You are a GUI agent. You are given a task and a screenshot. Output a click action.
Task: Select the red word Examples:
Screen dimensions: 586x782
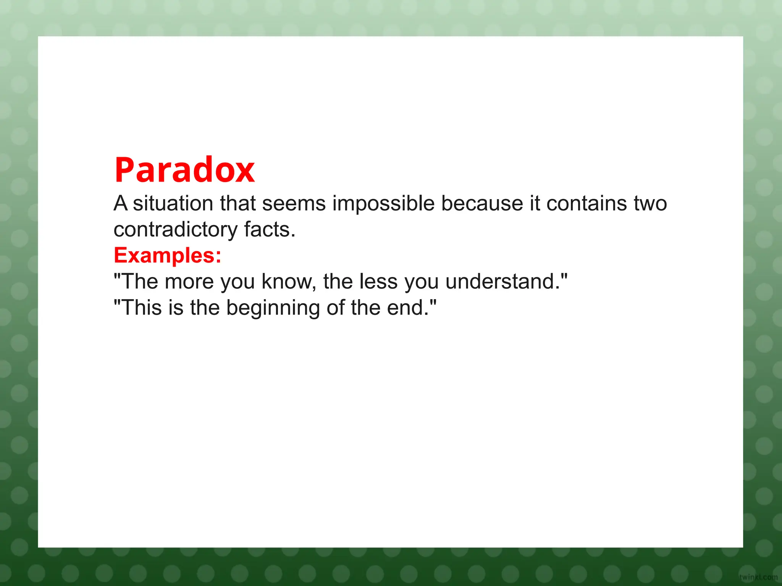click(x=167, y=255)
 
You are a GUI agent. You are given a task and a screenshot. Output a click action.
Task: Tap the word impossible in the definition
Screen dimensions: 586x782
click(x=383, y=203)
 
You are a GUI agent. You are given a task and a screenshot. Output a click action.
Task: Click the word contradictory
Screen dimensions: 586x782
click(x=176, y=229)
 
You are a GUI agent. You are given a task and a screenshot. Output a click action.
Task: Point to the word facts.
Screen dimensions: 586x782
click(x=270, y=229)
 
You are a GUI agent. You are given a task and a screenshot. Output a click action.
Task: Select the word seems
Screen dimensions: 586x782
click(x=294, y=203)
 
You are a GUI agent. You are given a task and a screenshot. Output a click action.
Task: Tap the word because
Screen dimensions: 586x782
click(x=482, y=203)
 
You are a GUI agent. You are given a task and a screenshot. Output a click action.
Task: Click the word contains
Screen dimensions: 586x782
click(x=586, y=203)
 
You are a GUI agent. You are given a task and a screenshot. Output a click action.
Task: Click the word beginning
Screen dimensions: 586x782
click(x=273, y=308)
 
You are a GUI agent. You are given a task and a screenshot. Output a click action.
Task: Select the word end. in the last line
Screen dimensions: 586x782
click(x=410, y=307)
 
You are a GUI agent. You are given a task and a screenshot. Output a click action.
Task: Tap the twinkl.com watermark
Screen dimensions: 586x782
click(x=758, y=577)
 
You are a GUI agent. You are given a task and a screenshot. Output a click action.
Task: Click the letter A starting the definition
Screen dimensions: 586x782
click(x=120, y=203)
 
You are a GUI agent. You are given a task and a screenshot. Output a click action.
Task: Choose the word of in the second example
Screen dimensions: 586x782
click(x=335, y=307)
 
